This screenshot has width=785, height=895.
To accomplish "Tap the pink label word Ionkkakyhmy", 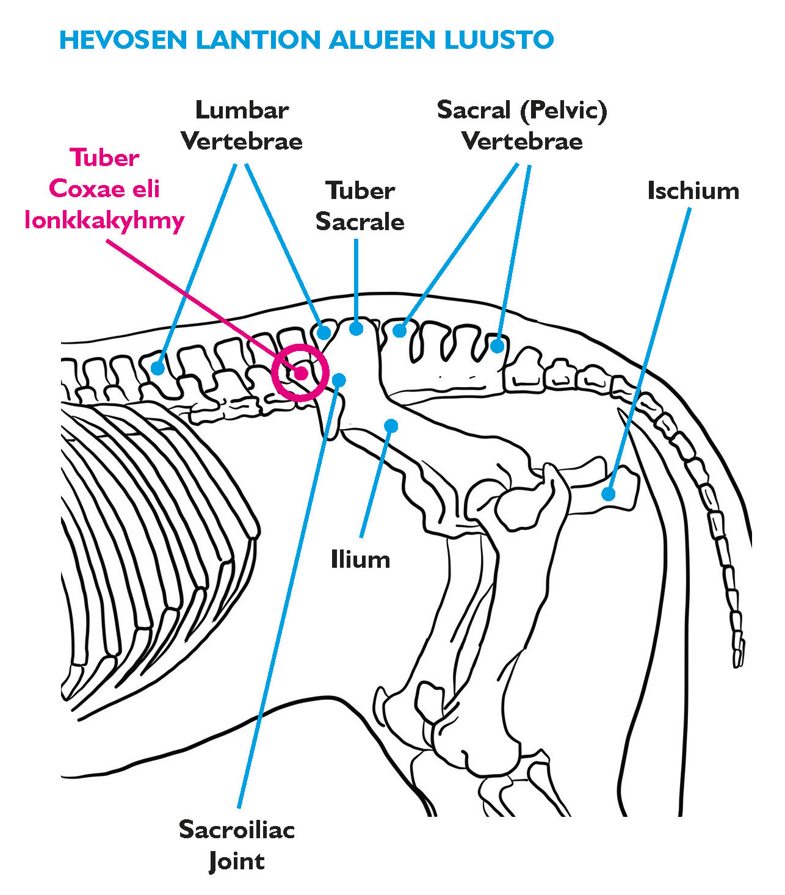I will (x=104, y=220).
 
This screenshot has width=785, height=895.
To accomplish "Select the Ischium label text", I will (x=693, y=191).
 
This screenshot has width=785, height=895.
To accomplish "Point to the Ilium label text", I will (x=360, y=560).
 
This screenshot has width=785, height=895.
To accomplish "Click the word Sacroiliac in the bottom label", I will (x=237, y=830).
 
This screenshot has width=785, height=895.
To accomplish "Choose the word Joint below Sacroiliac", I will (x=237, y=861).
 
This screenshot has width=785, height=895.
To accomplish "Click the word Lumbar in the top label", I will (x=242, y=111).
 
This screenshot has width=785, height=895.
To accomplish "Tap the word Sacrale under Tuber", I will (x=360, y=222).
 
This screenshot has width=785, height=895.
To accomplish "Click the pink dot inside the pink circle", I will (x=301, y=373).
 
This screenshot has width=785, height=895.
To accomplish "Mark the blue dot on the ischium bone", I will (x=608, y=494).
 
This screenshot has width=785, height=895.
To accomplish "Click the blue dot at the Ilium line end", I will (x=391, y=425).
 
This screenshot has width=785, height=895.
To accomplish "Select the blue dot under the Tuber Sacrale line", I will (x=356, y=328).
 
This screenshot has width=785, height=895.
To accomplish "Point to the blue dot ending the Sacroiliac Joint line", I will (x=340, y=380).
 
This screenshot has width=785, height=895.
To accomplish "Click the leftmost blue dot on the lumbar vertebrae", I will (x=158, y=368).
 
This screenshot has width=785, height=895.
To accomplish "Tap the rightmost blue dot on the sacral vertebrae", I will (x=497, y=346).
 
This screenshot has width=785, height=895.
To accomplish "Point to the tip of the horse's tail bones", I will (x=738, y=662).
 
